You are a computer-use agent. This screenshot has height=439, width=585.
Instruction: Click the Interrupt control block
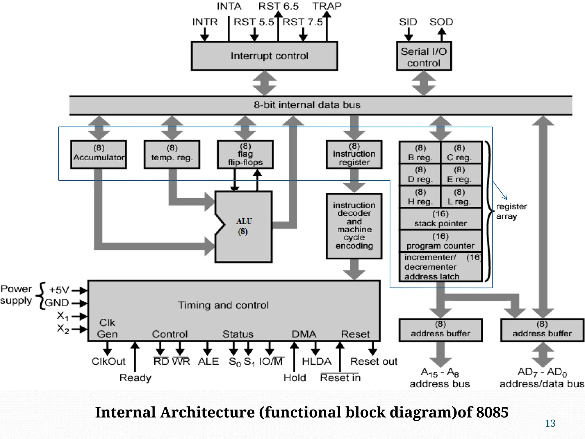pos(265,56)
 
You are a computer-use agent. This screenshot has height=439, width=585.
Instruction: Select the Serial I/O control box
pos(424,56)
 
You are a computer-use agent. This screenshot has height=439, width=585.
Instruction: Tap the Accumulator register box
pos(99,155)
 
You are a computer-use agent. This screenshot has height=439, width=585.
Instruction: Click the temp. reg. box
pos(172,155)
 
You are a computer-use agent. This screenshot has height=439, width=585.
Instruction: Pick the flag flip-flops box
pos(245,155)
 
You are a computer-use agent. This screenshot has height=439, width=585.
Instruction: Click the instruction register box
pos(354,155)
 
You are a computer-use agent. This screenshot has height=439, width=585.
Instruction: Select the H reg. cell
pos(420,197)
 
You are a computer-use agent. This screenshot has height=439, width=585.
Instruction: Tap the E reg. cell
pos(459,175)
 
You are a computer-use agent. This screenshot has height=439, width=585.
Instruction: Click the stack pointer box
pos(440,219)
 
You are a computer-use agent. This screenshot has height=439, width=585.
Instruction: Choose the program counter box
pos(440,241)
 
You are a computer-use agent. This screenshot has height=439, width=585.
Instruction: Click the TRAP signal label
pos(327,6)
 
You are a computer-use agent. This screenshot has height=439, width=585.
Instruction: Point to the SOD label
pos(441,22)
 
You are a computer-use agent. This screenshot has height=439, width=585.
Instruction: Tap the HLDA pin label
pos(317,362)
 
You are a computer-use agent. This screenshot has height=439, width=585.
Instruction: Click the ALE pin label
pos(208,362)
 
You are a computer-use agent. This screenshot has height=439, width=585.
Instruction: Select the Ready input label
pos(135,378)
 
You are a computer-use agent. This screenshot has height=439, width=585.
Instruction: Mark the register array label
pos(511,211)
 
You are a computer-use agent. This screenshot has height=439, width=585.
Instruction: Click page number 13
pos(550,423)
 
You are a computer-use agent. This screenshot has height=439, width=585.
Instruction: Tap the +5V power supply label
pos(59,290)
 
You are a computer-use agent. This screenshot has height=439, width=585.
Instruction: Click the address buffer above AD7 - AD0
pos(542,330)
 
